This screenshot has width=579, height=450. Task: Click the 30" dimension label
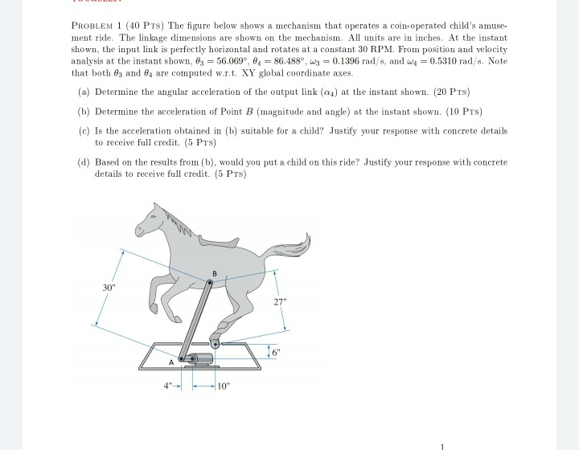point(108,286)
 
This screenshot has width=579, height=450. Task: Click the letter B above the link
point(214,274)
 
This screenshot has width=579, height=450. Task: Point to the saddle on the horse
point(216,241)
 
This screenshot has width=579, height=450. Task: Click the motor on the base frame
point(201,358)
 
